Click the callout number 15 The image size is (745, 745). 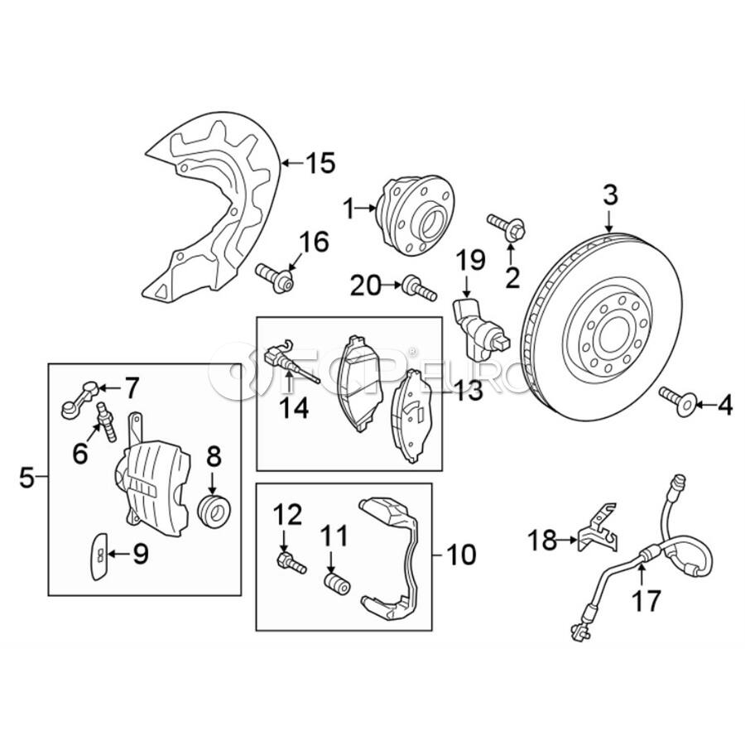320,163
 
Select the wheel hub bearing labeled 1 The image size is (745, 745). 416,215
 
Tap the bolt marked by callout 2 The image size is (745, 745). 507,230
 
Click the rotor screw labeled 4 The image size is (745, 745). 679,401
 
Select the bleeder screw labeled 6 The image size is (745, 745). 107,421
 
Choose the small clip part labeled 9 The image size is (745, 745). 99,556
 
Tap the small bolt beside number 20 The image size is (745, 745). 419,288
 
